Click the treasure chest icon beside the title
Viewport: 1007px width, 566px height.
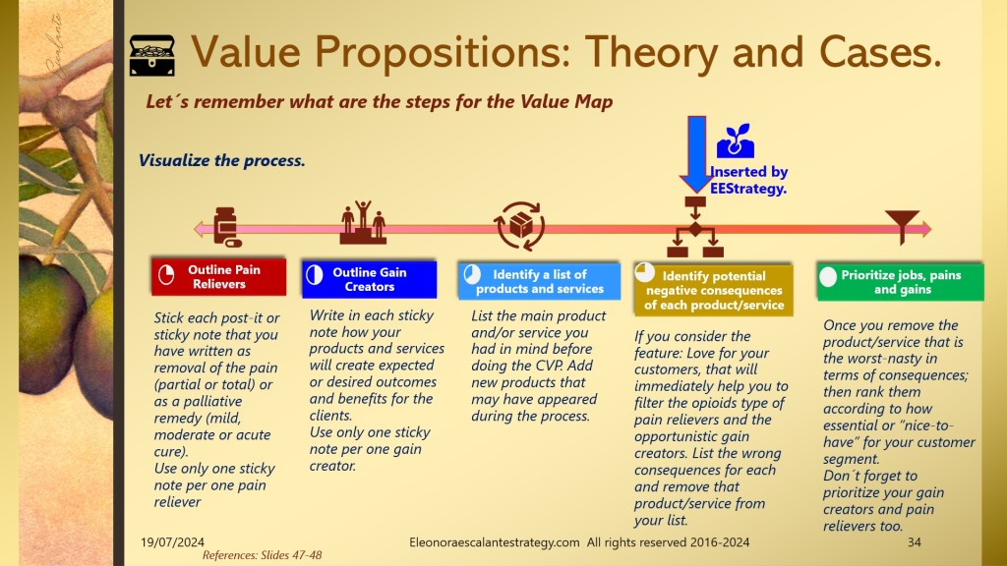tap(151, 55)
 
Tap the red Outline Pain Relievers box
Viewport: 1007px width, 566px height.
tap(218, 276)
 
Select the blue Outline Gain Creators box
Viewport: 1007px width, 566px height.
tap(370, 279)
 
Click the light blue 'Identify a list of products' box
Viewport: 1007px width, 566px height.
tap(539, 281)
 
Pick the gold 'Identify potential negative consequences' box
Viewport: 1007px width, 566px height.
tap(714, 289)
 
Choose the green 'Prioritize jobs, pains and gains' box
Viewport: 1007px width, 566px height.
tap(900, 281)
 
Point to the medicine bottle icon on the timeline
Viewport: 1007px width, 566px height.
tap(227, 227)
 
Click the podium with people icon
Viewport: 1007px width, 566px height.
tap(363, 222)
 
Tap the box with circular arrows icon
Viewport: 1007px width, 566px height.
tap(519, 226)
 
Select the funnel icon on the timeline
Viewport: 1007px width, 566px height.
tap(903, 225)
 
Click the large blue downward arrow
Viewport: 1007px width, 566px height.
tap(696, 154)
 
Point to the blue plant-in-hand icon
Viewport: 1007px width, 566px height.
tap(736, 141)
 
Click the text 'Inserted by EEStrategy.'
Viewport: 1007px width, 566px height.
tap(748, 181)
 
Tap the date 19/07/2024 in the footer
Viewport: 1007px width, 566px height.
tap(173, 542)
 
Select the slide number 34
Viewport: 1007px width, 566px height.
tap(914, 542)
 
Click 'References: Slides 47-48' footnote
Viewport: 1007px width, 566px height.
tap(262, 555)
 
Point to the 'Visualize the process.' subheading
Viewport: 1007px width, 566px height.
tap(222, 160)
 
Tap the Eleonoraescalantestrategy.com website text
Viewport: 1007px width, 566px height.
tap(495, 542)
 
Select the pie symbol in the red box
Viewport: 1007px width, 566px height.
tap(166, 275)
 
